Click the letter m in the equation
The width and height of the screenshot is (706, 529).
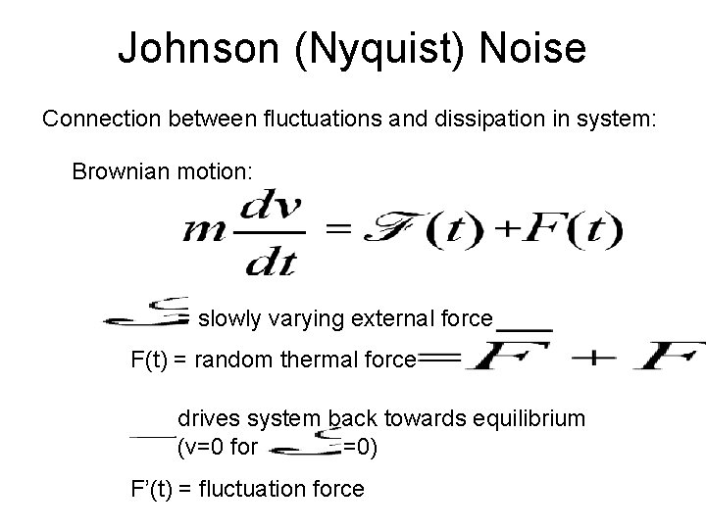click(x=202, y=233)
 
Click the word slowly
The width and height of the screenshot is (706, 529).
click(x=227, y=318)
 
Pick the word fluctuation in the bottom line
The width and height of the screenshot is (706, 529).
click(x=249, y=489)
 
